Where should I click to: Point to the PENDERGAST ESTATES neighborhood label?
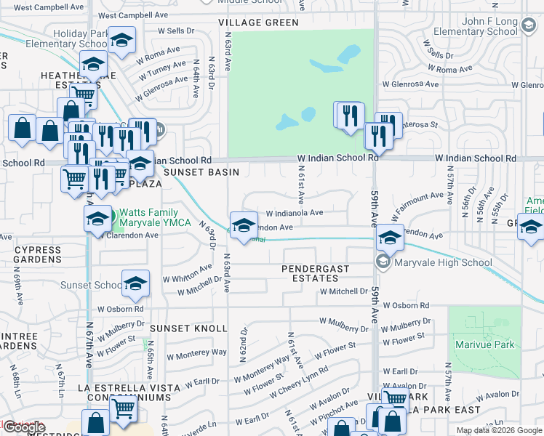(316, 274)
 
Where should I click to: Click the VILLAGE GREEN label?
(258, 23)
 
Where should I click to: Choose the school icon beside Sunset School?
(135, 283)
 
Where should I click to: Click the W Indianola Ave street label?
(295, 213)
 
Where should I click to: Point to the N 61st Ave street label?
(300, 183)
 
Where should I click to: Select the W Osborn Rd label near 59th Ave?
(405, 306)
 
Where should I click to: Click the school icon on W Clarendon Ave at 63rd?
(244, 224)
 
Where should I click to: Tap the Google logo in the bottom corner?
(23, 428)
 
